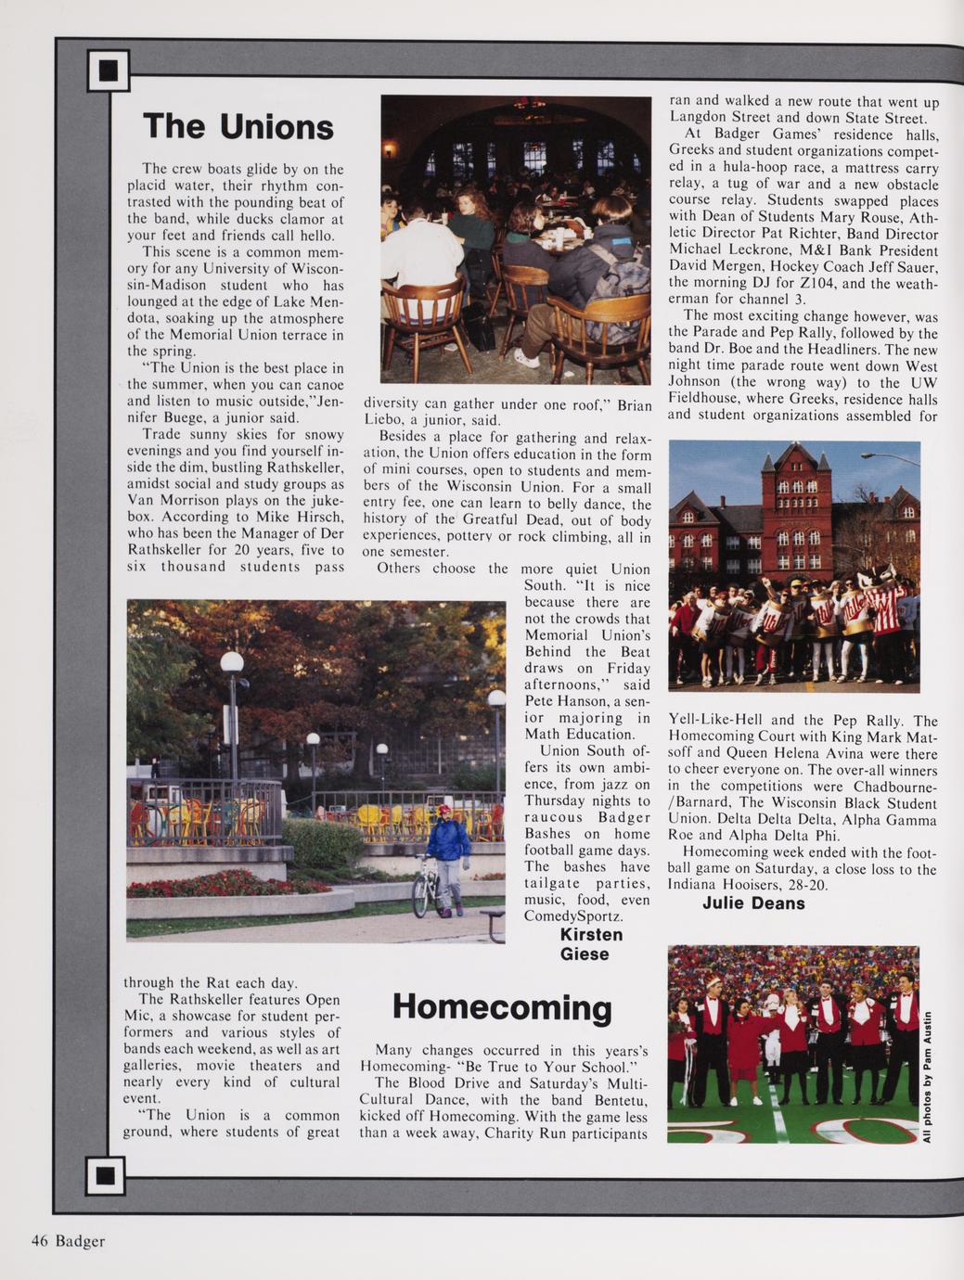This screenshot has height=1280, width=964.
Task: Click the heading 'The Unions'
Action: coord(238,126)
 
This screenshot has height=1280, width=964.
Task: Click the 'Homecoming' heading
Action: coord(502,1007)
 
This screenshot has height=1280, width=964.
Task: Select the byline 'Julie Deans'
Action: coord(753,903)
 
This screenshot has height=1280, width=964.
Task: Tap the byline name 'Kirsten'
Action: coord(591,934)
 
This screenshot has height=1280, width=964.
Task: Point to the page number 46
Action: coord(39,1241)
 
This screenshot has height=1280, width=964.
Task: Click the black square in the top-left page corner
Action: coord(108,70)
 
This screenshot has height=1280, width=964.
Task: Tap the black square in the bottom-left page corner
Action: coord(105,1175)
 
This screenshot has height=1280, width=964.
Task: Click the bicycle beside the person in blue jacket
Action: coord(426,885)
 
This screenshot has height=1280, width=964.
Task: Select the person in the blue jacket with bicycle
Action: coord(450,858)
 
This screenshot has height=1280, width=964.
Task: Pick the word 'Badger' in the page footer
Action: coord(80,1241)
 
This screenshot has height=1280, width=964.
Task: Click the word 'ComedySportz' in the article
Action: coord(573,916)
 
